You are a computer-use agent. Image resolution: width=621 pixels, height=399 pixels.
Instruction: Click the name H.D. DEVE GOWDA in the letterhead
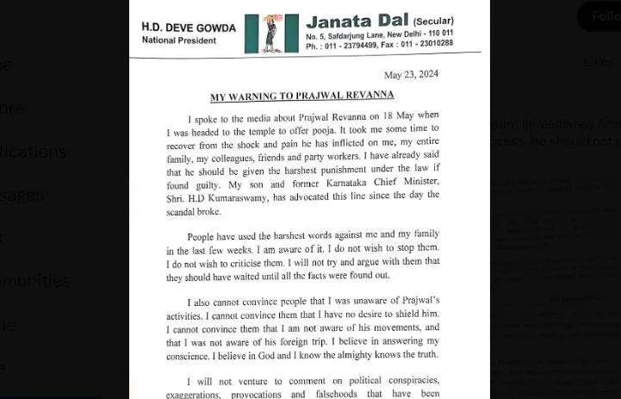coord(188,28)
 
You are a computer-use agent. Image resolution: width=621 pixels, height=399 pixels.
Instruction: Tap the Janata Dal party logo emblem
coord(270,33)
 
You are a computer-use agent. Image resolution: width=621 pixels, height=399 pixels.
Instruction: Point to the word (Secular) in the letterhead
coord(433,21)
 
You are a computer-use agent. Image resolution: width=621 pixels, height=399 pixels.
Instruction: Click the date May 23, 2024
coord(411,75)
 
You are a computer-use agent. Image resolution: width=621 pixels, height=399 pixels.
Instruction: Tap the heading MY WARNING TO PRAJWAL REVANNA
coord(302,95)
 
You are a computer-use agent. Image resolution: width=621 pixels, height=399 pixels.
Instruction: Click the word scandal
coord(187,212)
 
